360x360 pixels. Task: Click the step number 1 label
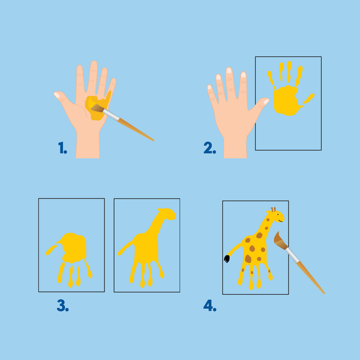coord(62,148)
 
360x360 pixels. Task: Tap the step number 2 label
coord(209,148)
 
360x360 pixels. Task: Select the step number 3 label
coord(62,305)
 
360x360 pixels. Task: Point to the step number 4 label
coord(210,305)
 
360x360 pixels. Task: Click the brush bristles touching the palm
coord(97,108)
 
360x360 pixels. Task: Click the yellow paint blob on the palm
coord(98,106)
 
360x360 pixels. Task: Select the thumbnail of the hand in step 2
coord(266,101)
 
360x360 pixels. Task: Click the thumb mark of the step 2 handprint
coord(308,98)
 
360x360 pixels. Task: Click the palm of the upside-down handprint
coord(73,248)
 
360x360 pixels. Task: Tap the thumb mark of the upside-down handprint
coord(51,250)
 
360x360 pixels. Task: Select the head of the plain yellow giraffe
coord(167,214)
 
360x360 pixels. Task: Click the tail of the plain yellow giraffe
coord(125,248)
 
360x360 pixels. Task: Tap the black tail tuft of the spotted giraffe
coord(227,259)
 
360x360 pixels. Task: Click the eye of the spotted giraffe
coord(278,214)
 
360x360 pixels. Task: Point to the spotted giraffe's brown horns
coord(273,209)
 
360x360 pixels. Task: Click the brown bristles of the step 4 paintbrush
coord(280,241)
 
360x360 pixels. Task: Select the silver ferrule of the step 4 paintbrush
coord(293,256)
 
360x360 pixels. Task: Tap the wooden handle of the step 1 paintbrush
coord(136,129)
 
